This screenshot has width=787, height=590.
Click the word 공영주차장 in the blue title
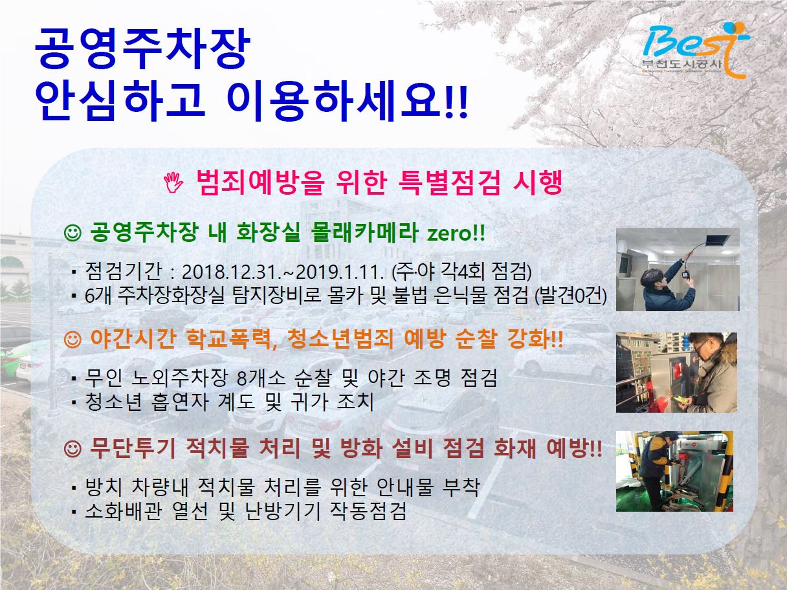tap(142, 49)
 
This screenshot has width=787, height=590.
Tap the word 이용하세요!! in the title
tap(347, 102)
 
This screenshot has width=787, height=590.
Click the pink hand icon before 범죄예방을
tap(173, 182)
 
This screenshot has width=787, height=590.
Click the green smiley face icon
tap(72, 233)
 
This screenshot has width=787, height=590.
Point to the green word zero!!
tap(456, 233)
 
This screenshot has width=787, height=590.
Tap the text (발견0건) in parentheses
tap(570, 296)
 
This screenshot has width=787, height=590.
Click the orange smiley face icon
tap(72, 340)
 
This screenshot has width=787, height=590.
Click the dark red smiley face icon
tap(72, 448)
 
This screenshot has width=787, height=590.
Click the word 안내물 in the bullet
tap(405, 487)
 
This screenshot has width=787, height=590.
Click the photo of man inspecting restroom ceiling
tap(678, 269)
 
